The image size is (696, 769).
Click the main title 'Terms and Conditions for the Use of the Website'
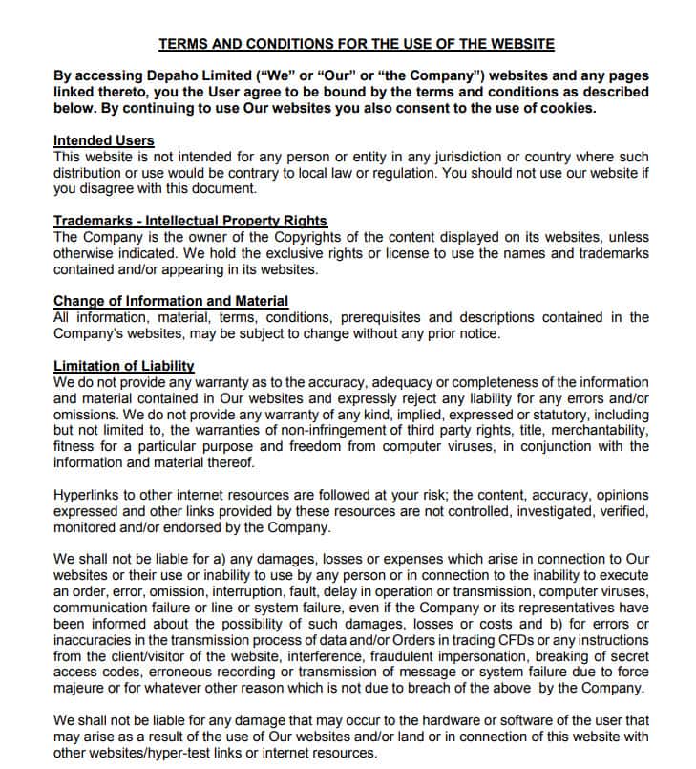355,44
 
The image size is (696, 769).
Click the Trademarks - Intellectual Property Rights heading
190,221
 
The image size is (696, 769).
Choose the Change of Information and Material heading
171,301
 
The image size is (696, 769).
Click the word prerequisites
429,317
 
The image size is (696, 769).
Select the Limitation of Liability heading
124,366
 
